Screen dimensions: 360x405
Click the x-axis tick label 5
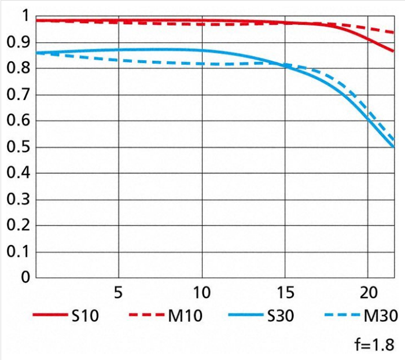click(118, 291)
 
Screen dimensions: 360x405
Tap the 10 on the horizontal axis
click(201, 291)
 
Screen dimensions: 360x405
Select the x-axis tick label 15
click(285, 291)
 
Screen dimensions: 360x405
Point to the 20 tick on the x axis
click(368, 291)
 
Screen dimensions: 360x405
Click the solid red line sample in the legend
click(51, 315)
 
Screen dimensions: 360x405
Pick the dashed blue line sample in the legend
click(341, 315)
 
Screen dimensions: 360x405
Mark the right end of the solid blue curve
click(393, 146)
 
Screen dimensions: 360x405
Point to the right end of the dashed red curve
click(393, 32)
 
